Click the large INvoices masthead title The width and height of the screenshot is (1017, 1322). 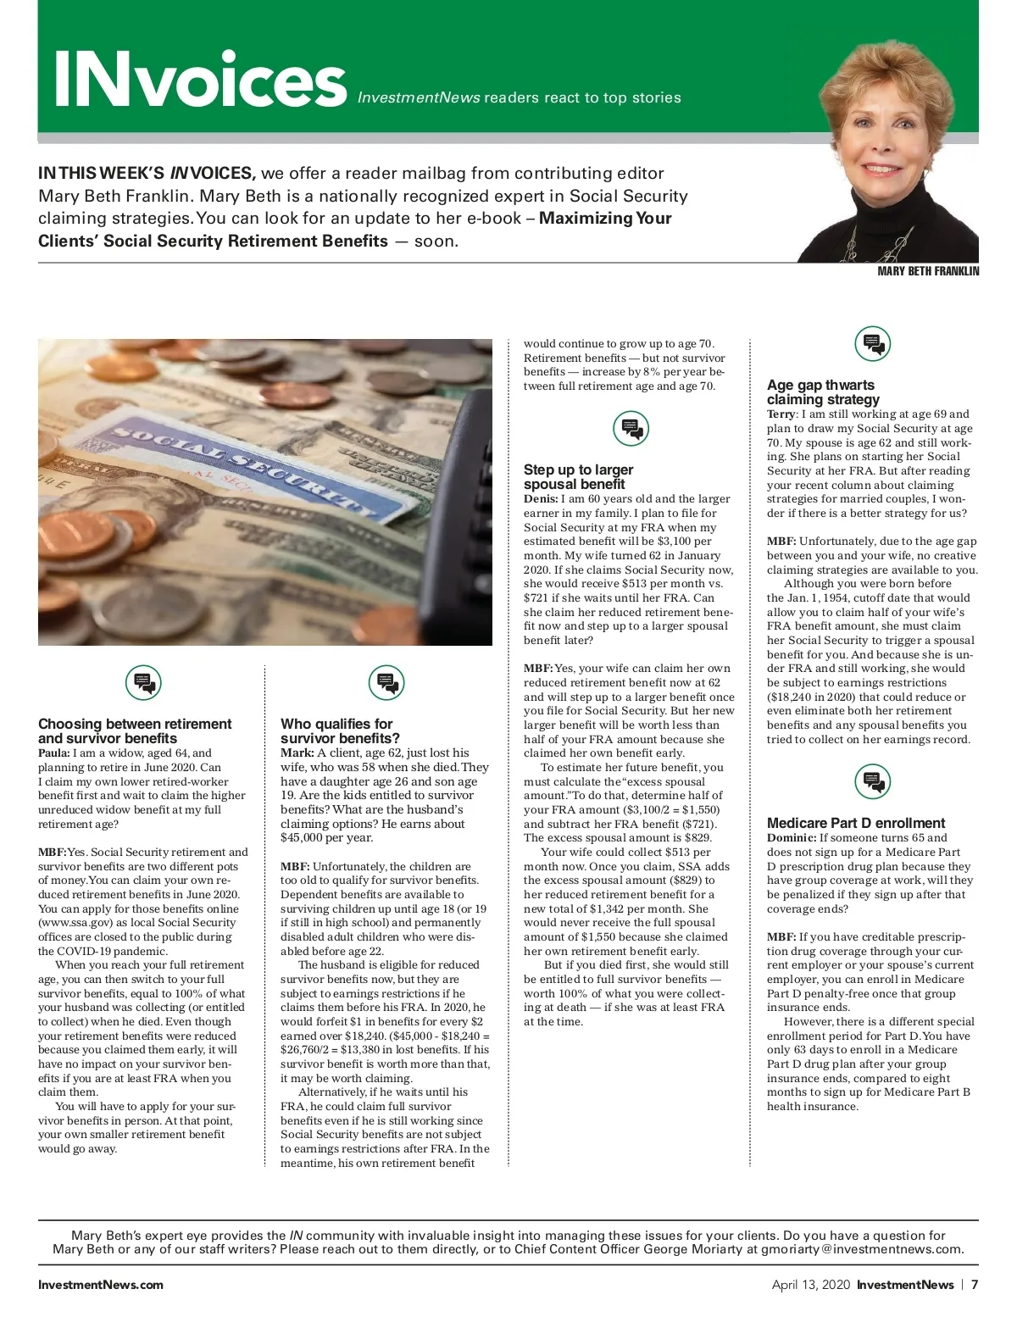pyautogui.click(x=200, y=79)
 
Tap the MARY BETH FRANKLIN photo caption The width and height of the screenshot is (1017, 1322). pyautogui.click(x=928, y=271)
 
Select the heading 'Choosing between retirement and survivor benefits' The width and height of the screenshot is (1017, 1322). pyautogui.click(x=135, y=730)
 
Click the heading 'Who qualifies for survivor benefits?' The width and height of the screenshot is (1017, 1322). pyautogui.click(x=340, y=730)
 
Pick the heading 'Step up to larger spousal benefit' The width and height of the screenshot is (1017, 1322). pyautogui.click(x=578, y=476)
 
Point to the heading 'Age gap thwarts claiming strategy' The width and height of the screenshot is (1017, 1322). pyautogui.click(x=822, y=392)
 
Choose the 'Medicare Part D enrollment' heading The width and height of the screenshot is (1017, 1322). pyautogui.click(x=856, y=823)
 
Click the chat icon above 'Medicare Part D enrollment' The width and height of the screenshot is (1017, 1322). pyautogui.click(x=872, y=781)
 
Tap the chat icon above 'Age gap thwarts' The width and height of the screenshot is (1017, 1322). pyautogui.click(x=872, y=344)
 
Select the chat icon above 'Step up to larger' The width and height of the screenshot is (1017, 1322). pyautogui.click(x=631, y=429)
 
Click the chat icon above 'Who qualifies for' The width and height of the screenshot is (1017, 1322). pyautogui.click(x=386, y=682)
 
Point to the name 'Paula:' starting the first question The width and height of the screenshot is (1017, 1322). pyautogui.click(x=54, y=753)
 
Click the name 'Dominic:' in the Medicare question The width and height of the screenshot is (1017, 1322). pyautogui.click(x=792, y=838)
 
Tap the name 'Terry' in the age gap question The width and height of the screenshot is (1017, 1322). pyautogui.click(x=781, y=414)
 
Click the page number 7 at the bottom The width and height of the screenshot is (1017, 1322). pyautogui.click(x=975, y=1285)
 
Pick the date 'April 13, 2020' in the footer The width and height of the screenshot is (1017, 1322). pyautogui.click(x=809, y=1285)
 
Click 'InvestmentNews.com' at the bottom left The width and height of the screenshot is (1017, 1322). pyautogui.click(x=101, y=1285)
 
